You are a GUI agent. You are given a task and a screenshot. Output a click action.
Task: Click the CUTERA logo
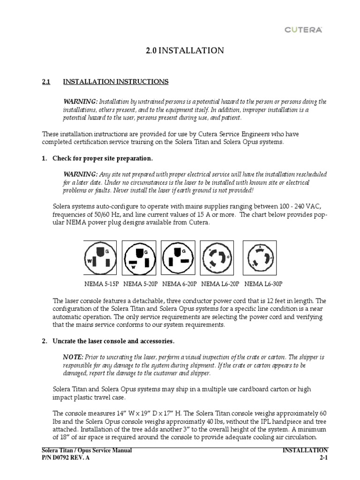point(303,30)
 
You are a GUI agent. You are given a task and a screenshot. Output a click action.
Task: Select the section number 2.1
point(46,82)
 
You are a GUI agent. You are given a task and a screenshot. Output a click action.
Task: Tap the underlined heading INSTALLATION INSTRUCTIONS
point(116,82)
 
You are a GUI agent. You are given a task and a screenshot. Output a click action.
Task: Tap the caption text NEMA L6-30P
point(263,284)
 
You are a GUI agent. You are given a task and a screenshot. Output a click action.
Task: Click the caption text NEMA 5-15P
point(102,284)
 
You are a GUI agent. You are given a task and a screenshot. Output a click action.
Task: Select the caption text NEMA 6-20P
point(180,284)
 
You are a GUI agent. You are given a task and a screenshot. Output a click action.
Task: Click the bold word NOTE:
point(73,357)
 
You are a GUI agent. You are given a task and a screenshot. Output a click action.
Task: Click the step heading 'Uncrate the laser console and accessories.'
point(114,341)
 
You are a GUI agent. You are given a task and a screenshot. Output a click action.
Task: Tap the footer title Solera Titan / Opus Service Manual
point(87,450)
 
